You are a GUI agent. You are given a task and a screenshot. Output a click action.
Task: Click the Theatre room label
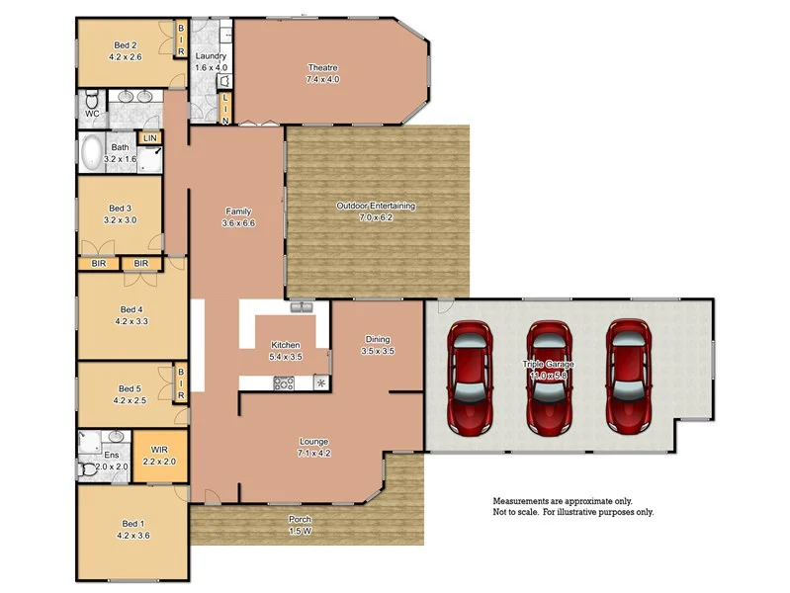323,68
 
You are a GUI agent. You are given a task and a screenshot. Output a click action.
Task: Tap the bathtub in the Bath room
92,154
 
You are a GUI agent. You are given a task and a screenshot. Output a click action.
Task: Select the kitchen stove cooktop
284,383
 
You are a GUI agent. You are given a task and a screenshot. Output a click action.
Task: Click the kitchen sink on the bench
302,307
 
